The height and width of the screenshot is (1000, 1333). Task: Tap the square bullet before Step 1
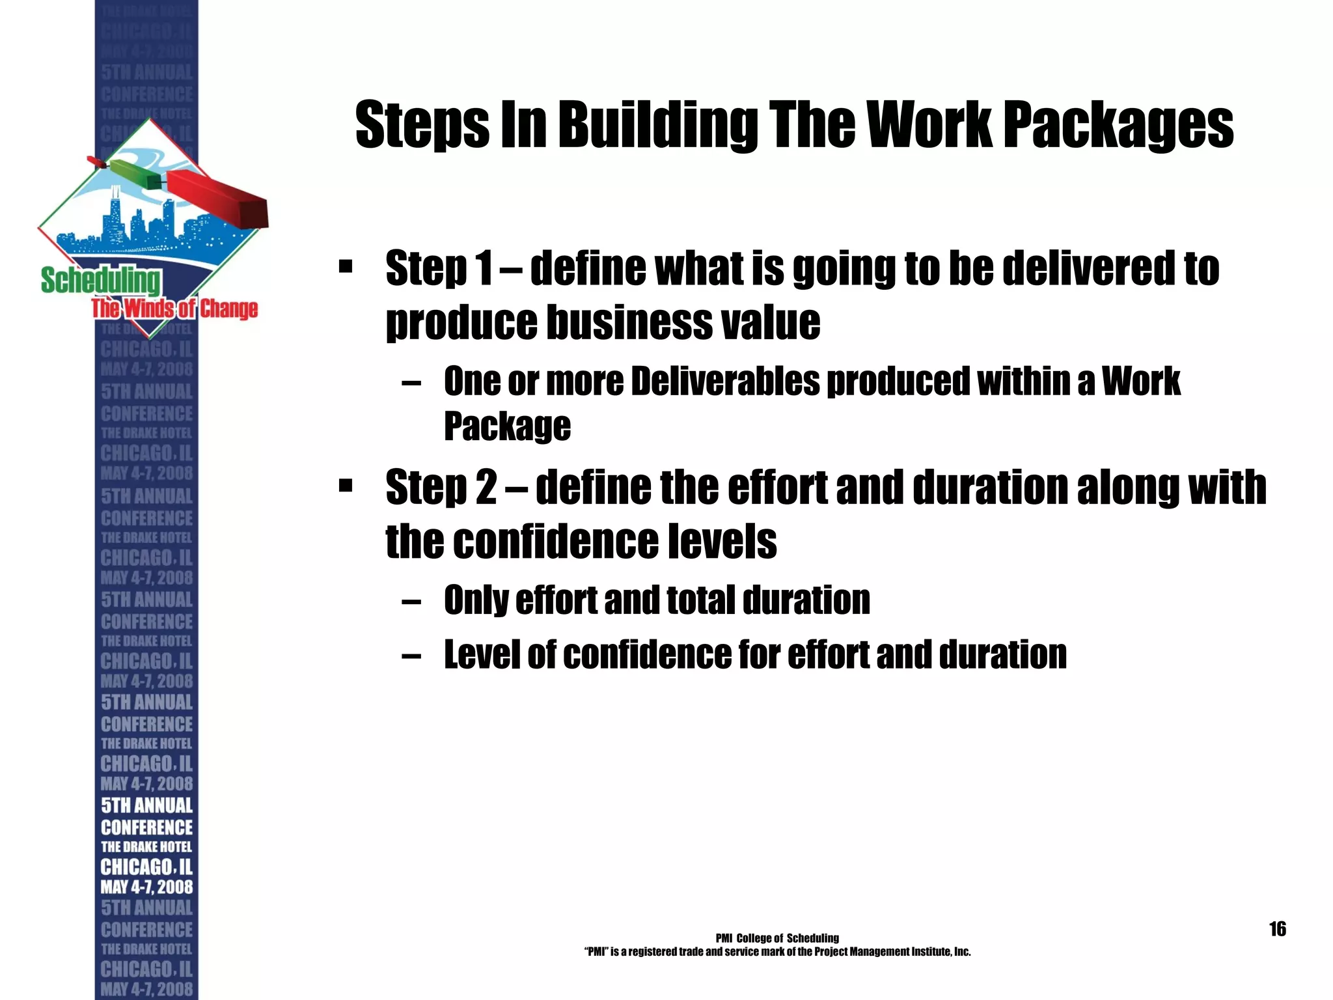click(x=346, y=267)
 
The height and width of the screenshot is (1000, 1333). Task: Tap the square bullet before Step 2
click(x=346, y=486)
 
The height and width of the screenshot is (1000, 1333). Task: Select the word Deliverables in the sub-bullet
click(x=725, y=382)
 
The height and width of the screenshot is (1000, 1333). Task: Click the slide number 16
click(x=1277, y=929)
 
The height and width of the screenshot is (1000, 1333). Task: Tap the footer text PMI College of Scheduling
click(x=777, y=938)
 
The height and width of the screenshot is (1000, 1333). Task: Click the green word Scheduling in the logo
click(x=100, y=281)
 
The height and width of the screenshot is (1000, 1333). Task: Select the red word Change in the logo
click(x=228, y=309)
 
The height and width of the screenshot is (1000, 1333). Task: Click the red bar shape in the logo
click(x=218, y=199)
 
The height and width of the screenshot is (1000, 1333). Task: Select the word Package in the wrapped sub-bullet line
click(x=507, y=426)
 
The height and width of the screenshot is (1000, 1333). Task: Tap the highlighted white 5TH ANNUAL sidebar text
click(x=147, y=806)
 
